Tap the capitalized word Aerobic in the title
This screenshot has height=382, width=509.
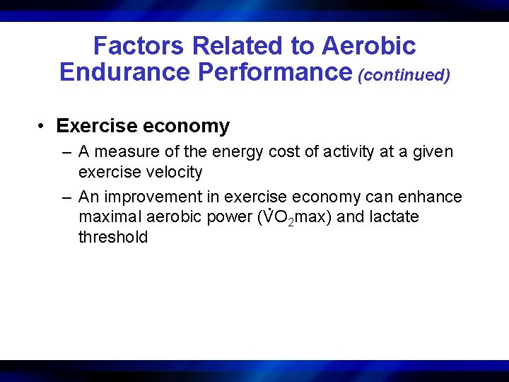(368, 47)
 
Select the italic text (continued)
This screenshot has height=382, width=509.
(404, 75)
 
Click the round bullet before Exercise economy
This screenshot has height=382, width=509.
(43, 127)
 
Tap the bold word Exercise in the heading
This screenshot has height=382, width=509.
(97, 127)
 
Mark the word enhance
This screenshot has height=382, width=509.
(432, 197)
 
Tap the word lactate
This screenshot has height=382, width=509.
(393, 217)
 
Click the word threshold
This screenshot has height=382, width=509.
(113, 237)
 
